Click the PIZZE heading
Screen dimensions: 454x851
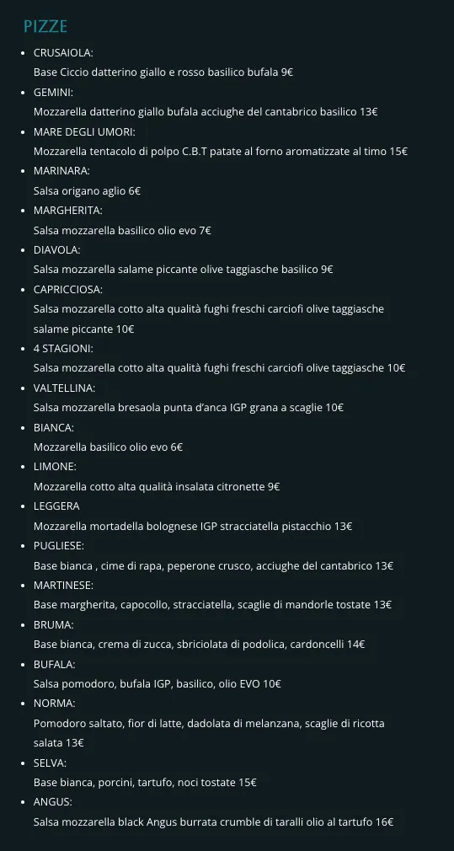point(45,27)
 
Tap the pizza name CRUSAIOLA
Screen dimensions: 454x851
point(63,52)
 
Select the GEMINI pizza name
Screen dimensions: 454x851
point(53,92)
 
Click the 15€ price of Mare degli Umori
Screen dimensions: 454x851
point(398,152)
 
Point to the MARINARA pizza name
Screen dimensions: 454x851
point(61,171)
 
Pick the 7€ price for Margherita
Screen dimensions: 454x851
point(205,230)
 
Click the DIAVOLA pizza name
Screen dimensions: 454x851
point(56,250)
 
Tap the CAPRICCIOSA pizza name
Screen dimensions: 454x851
point(68,289)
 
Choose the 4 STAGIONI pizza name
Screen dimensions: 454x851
point(63,348)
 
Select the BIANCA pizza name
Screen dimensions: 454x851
point(54,427)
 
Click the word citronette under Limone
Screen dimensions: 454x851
point(237,486)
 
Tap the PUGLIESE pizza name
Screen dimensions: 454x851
point(58,545)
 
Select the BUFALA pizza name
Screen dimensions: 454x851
point(54,664)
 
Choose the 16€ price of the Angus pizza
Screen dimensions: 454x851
point(384,822)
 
